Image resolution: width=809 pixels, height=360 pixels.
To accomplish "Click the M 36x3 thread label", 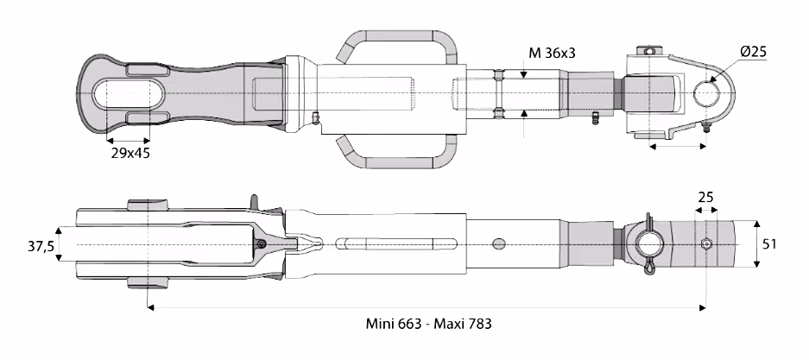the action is (552, 53).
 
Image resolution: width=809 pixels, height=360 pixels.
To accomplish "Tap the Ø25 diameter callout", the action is (753, 52).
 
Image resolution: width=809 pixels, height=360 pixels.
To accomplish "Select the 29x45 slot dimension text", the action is (130, 153).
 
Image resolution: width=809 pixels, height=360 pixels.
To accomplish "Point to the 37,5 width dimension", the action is (41, 246).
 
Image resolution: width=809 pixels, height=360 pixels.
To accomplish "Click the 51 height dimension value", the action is (769, 244).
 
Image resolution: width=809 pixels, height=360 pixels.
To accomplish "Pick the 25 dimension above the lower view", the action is (705, 197).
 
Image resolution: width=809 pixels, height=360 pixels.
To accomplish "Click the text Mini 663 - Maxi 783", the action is (429, 324).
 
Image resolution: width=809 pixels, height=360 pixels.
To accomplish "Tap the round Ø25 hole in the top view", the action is (705, 93).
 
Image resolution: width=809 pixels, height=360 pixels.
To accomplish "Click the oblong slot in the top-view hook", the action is (128, 94).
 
